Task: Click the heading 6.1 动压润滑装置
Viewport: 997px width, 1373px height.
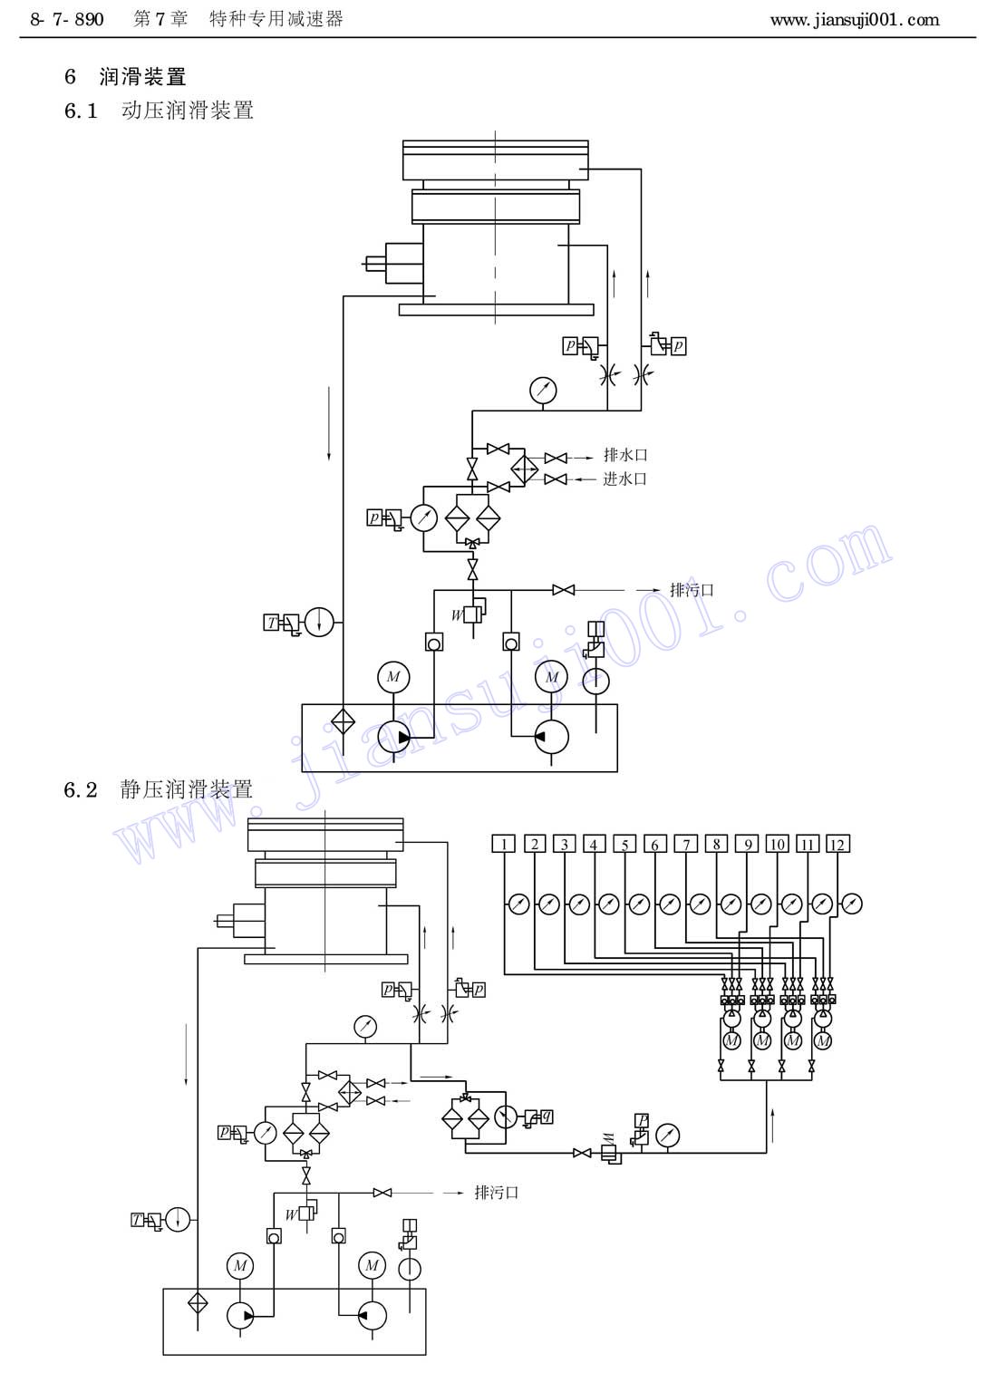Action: [x=159, y=111]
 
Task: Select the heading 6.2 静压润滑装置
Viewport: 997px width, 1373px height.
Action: [x=159, y=789]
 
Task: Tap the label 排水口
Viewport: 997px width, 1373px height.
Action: [x=625, y=455]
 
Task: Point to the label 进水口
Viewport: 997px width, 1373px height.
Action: [x=624, y=479]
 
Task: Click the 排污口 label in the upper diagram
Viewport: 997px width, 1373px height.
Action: [x=692, y=590]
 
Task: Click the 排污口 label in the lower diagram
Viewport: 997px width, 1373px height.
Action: [x=497, y=1193]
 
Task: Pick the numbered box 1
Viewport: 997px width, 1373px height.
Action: [x=504, y=844]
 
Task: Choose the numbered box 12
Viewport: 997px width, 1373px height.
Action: [x=837, y=844]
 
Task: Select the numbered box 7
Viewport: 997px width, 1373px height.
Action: [x=685, y=844]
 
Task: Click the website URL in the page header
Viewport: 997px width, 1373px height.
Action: [x=855, y=20]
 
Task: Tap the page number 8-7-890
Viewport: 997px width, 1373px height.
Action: [x=67, y=20]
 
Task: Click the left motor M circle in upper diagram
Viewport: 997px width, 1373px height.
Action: [x=393, y=677]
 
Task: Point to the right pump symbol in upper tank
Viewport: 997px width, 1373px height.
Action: [x=552, y=738]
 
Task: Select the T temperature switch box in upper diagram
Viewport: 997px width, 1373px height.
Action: [x=271, y=623]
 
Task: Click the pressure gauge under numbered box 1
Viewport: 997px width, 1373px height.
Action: [x=518, y=904]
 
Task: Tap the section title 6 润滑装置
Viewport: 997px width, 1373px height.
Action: [x=125, y=77]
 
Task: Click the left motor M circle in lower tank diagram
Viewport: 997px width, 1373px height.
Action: [x=240, y=1266]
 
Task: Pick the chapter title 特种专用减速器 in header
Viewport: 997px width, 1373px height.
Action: [x=276, y=20]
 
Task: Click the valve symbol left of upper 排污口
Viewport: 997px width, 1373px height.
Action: [x=564, y=590]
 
